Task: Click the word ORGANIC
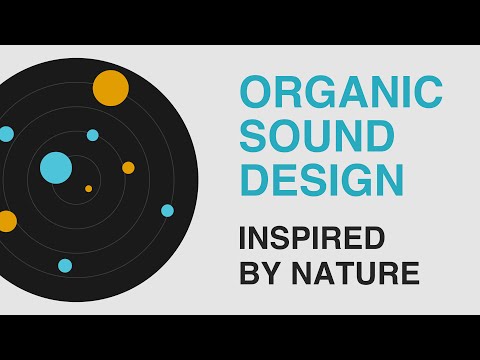(340, 92)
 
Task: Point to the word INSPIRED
(311, 240)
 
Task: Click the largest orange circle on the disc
(110, 88)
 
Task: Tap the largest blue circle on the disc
(56, 167)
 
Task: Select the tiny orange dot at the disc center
(88, 188)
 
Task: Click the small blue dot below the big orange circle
(93, 135)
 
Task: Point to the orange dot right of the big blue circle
(128, 167)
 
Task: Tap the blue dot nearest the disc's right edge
(167, 210)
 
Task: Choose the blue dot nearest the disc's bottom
(65, 265)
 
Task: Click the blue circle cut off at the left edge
(5, 133)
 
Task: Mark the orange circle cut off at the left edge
(6, 221)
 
